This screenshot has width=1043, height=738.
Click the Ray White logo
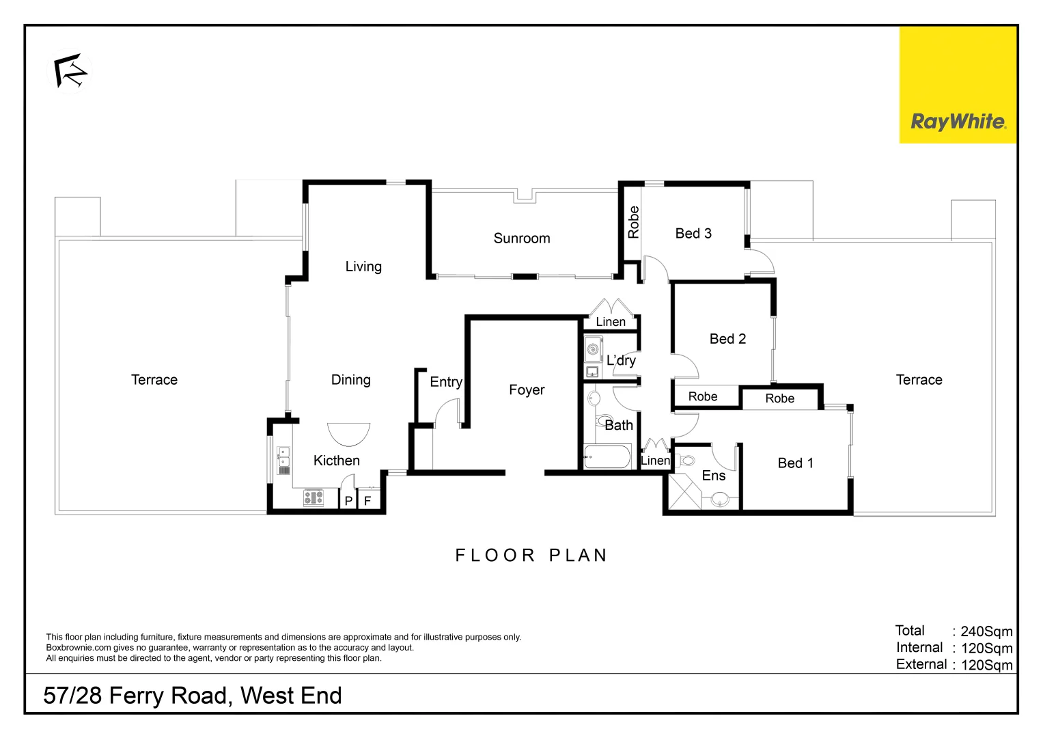point(958,122)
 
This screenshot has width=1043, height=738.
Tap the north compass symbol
point(71,71)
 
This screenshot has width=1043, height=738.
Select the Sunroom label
point(521,238)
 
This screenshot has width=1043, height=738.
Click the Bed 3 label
point(693,234)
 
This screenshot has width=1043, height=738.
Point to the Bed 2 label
point(727,339)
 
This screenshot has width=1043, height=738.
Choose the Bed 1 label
point(795,463)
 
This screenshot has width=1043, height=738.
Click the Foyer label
point(527,390)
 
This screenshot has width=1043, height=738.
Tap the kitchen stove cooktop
point(314,497)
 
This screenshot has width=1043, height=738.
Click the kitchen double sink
point(283,461)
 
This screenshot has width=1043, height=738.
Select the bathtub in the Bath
point(607,456)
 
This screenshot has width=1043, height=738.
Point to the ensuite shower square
point(685,491)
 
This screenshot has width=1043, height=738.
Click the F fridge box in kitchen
point(367,501)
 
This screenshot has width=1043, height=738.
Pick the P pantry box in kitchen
point(348,501)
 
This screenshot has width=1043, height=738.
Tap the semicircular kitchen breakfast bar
point(348,433)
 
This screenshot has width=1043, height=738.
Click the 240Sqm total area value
point(986,631)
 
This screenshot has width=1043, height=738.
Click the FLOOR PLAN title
point(531,556)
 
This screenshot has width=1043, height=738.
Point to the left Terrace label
point(154,380)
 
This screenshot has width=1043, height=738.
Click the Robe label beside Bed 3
point(633,222)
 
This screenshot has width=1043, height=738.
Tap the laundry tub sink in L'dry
point(593,349)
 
